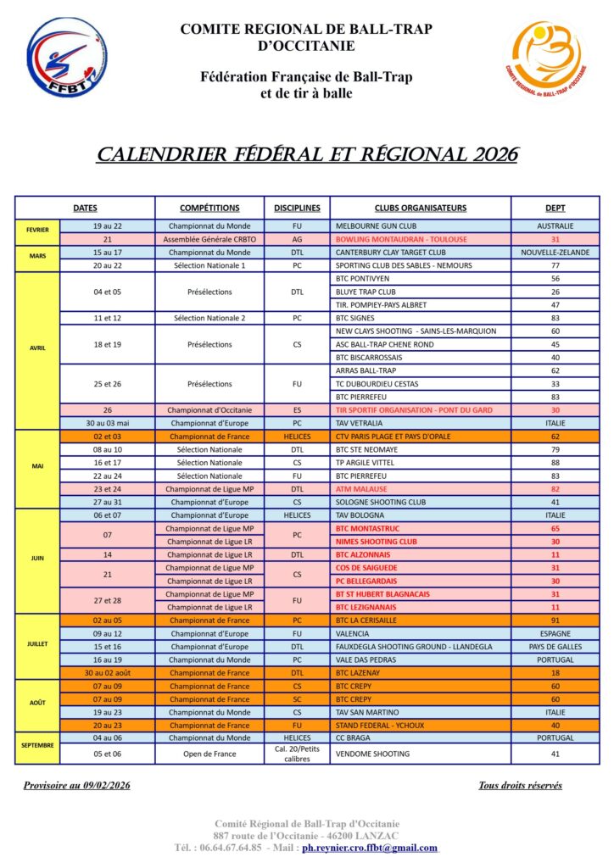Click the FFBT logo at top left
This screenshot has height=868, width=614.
tap(55, 57)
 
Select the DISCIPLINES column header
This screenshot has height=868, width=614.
tap(297, 208)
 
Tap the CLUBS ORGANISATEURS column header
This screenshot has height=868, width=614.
tap(421, 208)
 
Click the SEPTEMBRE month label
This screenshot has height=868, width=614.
tap(37, 745)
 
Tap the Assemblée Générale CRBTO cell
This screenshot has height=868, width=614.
tap(209, 239)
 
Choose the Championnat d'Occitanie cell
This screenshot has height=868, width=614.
tap(209, 409)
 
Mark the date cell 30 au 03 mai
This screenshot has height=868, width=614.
tap(108, 422)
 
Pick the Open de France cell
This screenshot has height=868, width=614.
tap(209, 754)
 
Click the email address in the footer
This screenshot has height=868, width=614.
tap(370, 848)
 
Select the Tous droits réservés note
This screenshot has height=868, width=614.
tap(520, 786)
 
